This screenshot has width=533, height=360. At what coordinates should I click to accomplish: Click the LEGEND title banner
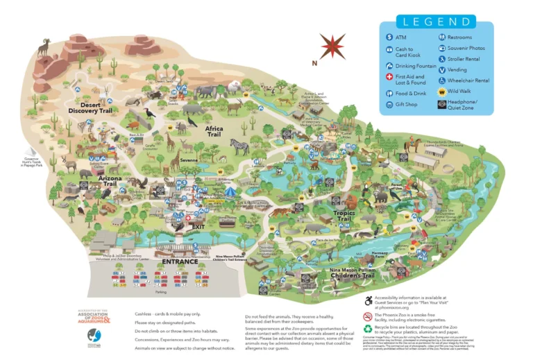coord(437,22)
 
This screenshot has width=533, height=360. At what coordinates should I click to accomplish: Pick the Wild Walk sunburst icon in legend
coord(441,92)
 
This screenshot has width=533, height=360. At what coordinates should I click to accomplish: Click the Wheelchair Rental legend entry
coord(468,80)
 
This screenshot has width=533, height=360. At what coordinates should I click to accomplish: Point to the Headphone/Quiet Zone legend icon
coord(441,105)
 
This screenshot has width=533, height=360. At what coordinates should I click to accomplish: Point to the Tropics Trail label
coord(344,216)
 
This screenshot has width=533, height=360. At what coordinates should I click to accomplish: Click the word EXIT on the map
coord(198,227)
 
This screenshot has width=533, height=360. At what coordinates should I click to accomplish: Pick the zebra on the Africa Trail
coord(239,146)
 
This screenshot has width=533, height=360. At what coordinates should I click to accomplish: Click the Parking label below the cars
coord(160,292)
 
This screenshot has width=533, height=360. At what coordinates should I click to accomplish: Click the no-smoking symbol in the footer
coord(369,316)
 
